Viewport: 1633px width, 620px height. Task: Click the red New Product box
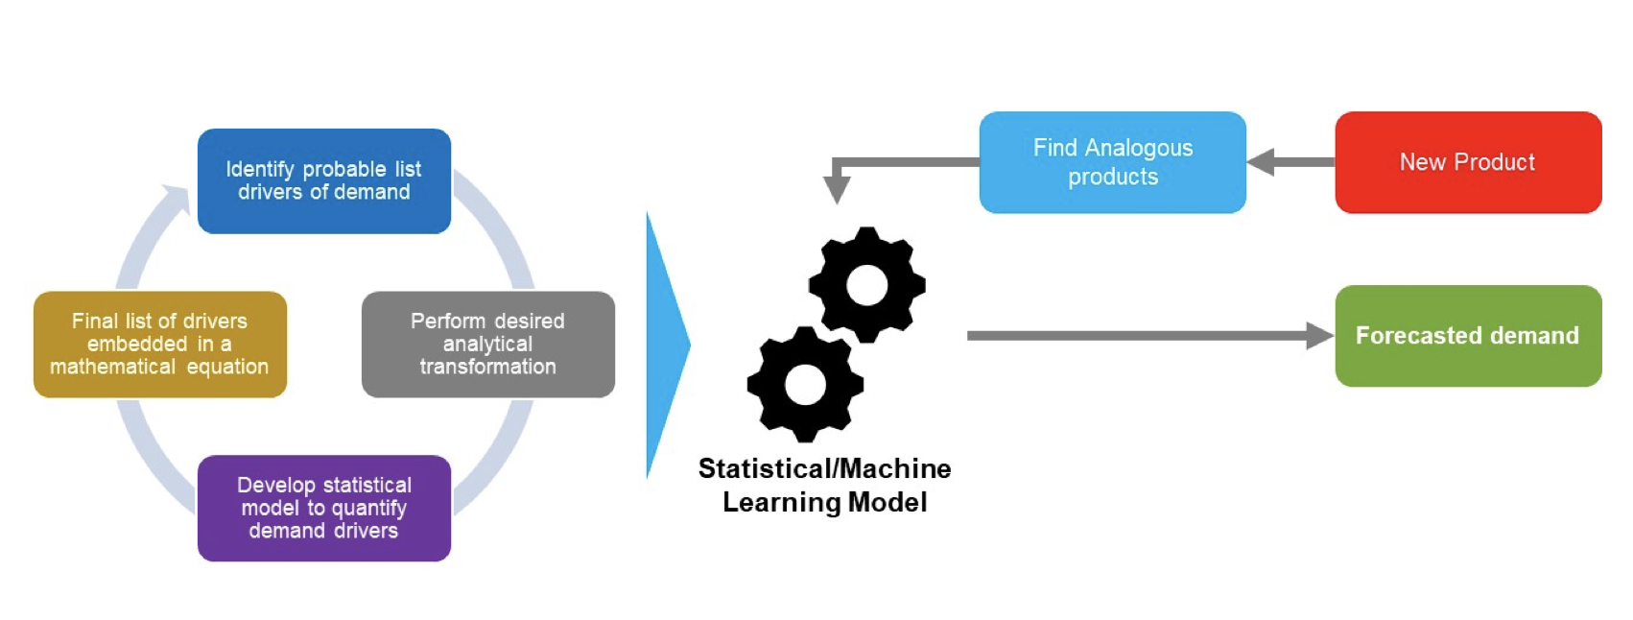point(1467,162)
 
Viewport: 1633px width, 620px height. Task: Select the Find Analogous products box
point(1112,162)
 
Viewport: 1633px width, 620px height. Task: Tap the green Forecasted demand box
point(1467,336)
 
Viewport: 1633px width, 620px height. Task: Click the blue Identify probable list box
point(323,180)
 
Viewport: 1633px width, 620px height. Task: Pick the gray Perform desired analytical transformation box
point(487,344)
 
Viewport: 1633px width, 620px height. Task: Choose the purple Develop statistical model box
point(323,508)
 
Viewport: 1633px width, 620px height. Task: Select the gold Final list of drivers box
point(159,344)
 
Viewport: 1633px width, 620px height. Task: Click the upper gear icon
point(866,285)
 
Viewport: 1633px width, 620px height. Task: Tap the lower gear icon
point(805,385)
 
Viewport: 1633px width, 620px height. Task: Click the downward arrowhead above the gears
point(837,189)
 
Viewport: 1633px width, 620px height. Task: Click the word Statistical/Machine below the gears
point(824,468)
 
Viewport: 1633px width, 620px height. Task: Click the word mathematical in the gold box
point(112,367)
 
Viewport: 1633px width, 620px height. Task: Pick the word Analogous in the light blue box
point(1139,148)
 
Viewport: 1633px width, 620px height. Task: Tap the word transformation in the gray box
point(487,367)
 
